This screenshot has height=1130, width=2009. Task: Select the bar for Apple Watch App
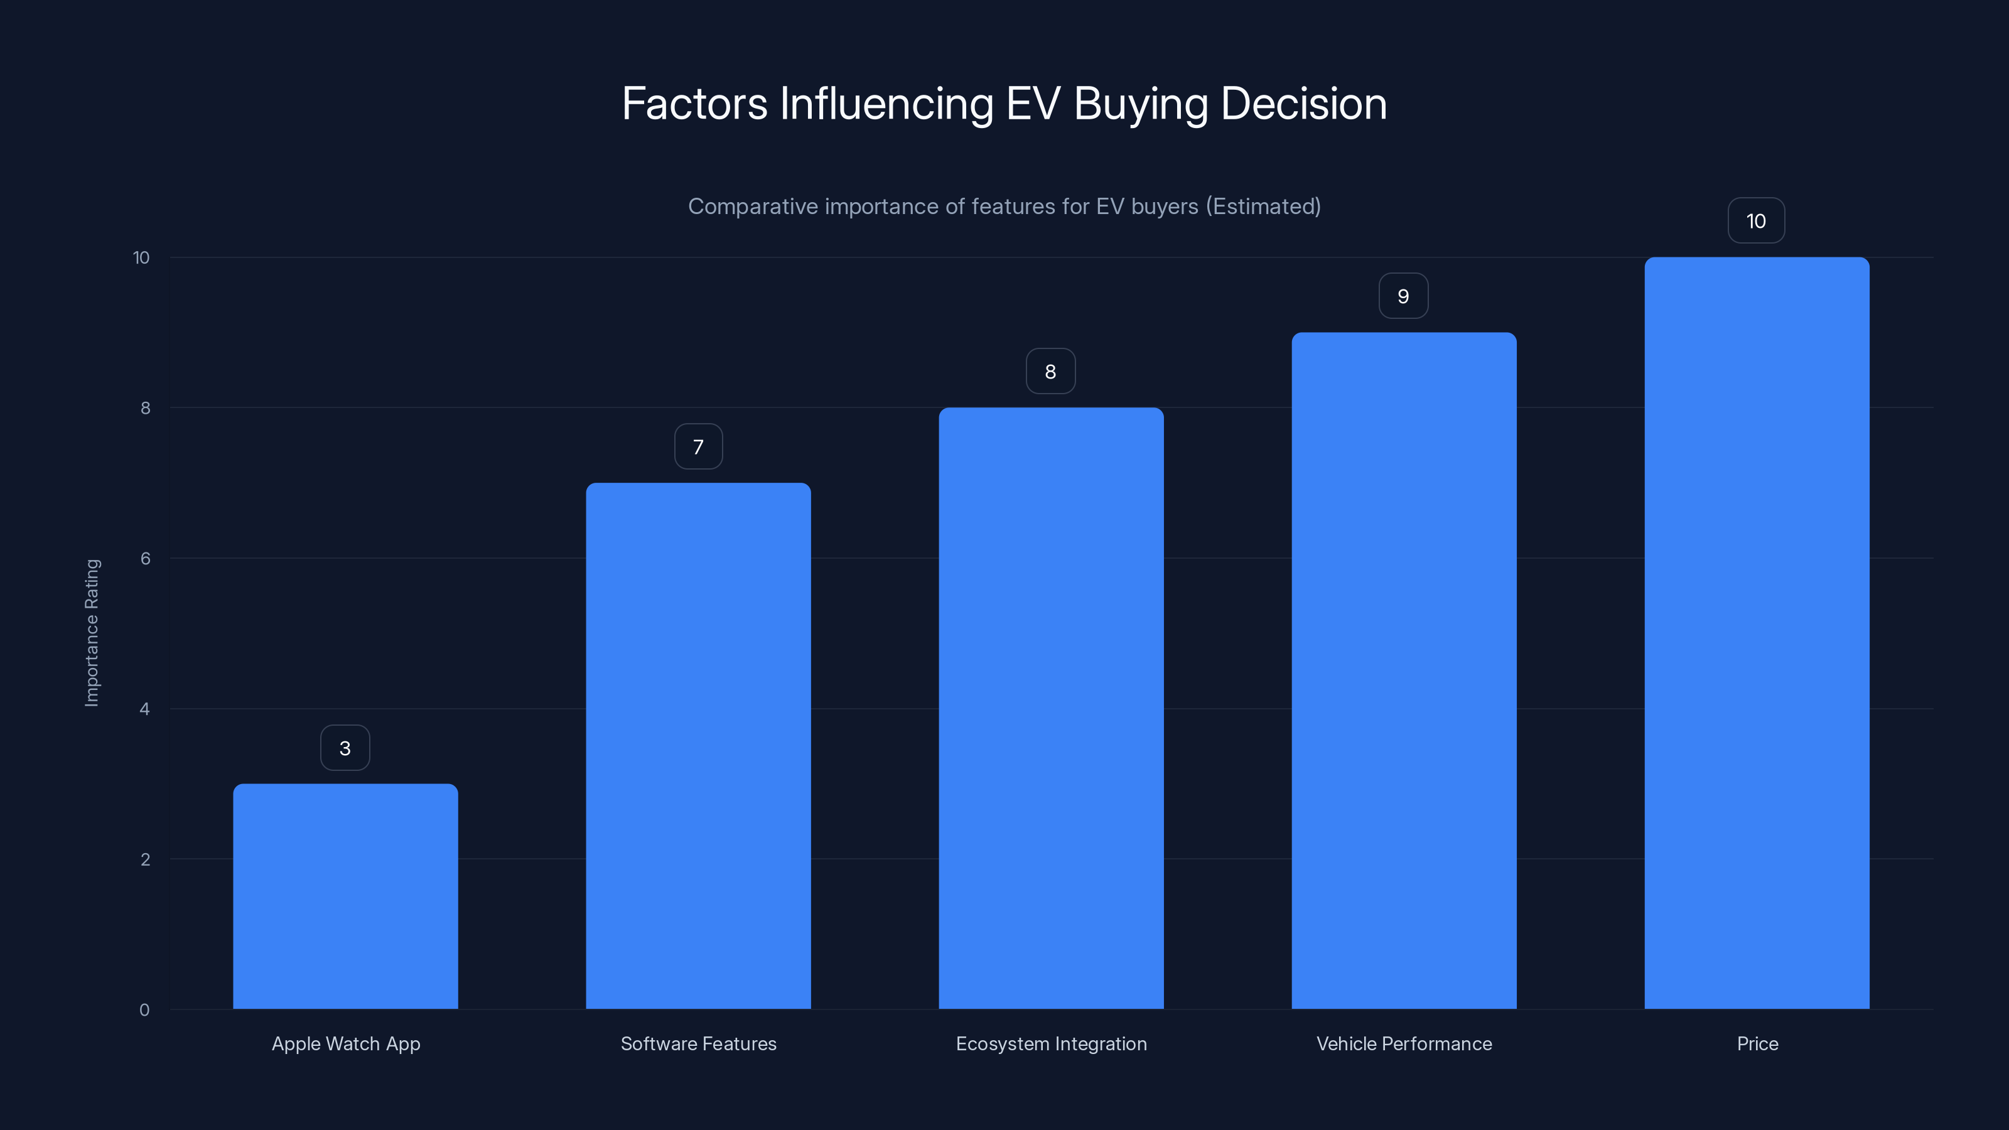[x=345, y=897]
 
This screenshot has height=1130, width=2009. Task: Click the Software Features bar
[x=698, y=746]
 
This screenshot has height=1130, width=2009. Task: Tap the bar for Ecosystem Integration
[x=1050, y=708]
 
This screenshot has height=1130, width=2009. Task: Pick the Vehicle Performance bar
[x=1404, y=670]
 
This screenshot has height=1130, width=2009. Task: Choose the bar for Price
[x=1757, y=633]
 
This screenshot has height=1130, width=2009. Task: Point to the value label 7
[x=698, y=447]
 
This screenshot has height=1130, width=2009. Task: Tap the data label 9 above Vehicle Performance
[x=1403, y=296]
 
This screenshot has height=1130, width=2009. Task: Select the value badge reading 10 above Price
[x=1755, y=222]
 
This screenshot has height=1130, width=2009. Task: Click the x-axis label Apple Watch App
[x=345, y=1043]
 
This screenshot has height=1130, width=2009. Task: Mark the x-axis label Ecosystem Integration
[x=1050, y=1043]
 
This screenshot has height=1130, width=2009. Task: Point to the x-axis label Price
[x=1757, y=1043]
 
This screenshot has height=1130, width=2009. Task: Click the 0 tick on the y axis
[x=144, y=1010]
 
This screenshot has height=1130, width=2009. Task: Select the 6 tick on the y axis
[x=145, y=558]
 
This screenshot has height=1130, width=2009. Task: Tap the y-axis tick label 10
[x=141, y=257]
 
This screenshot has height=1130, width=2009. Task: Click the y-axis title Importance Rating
[x=92, y=632]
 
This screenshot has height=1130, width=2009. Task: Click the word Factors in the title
[x=694, y=104]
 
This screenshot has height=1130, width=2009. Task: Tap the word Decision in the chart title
[x=1303, y=104]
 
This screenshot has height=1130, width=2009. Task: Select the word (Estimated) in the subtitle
[x=1263, y=207]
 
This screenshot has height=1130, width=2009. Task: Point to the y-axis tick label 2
[x=145, y=859]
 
